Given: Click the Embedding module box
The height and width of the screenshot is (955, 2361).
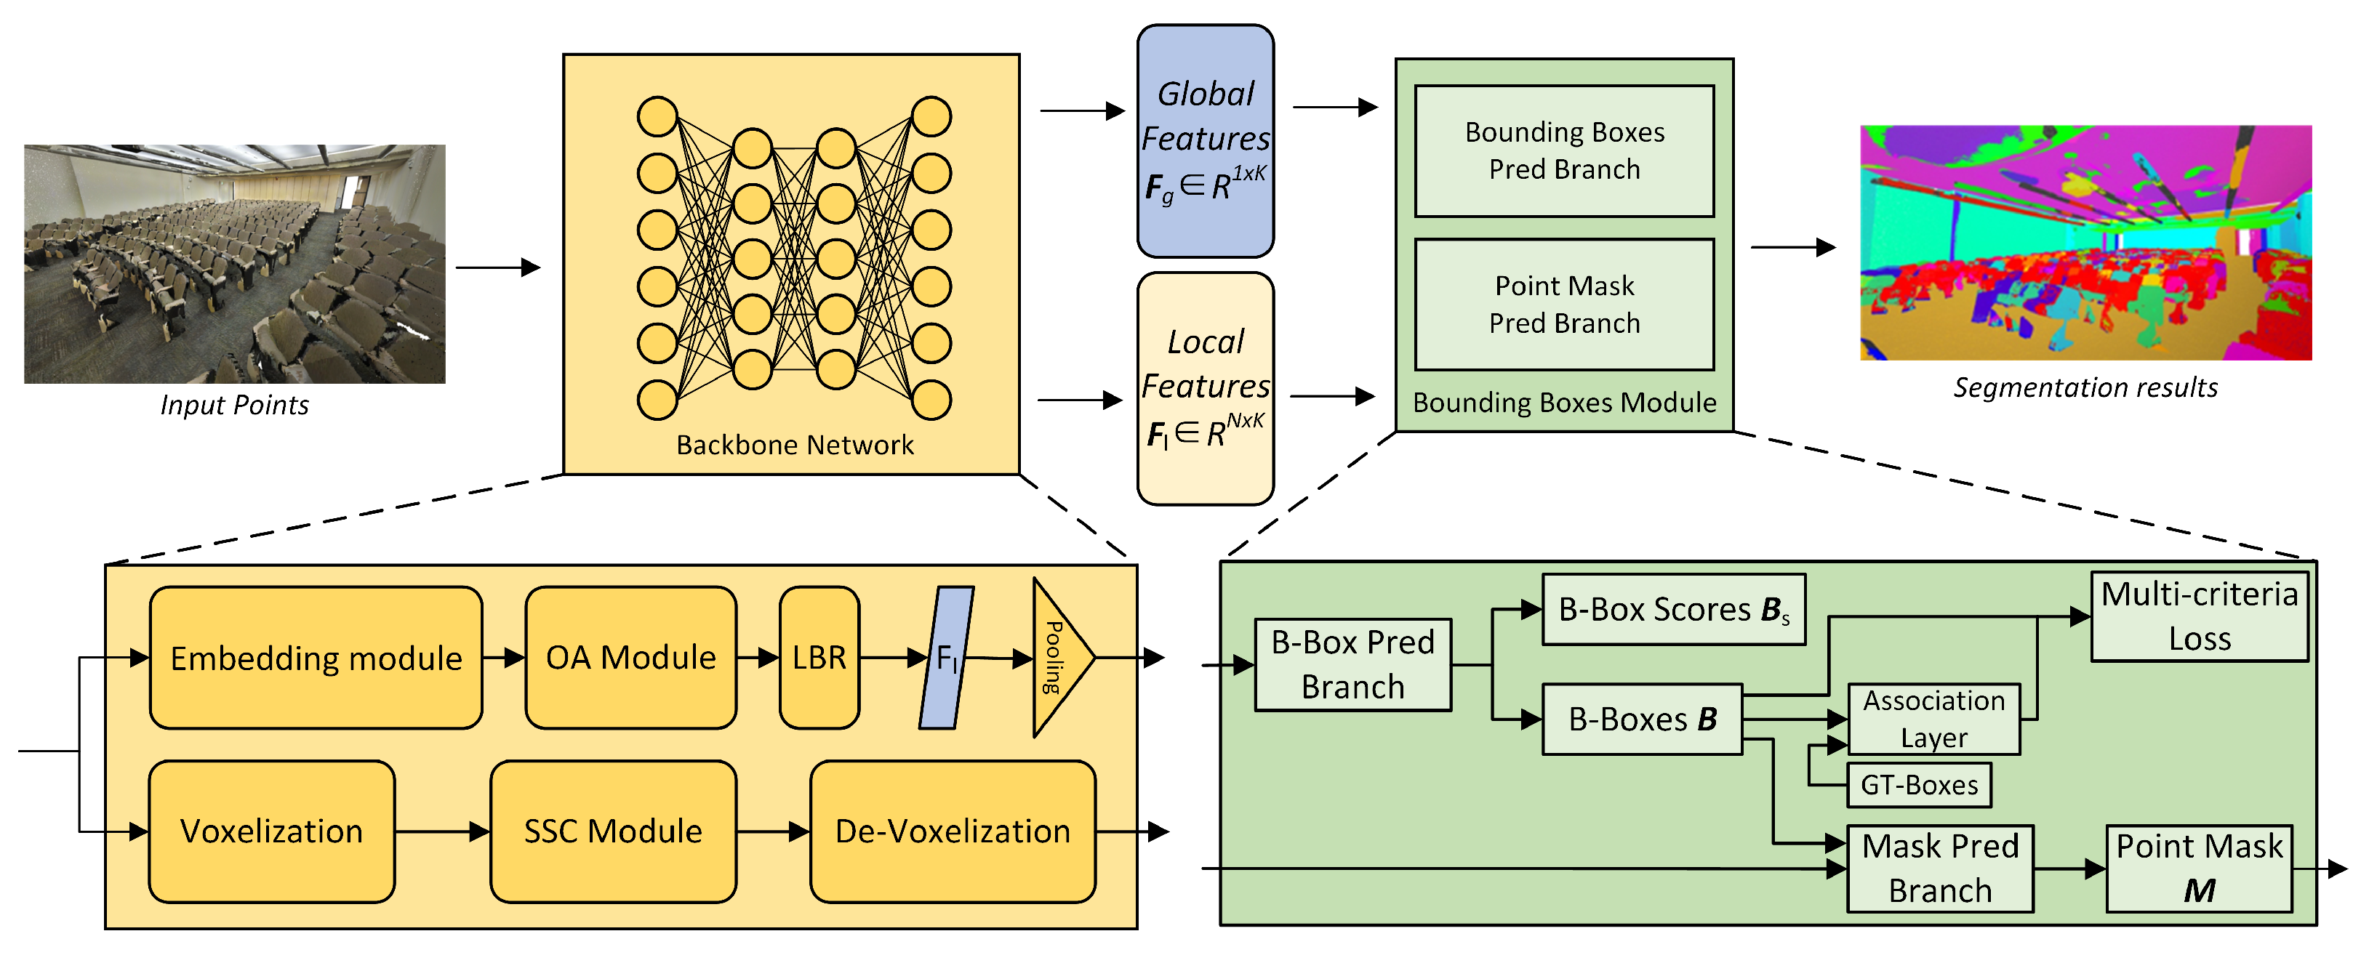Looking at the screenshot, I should click(316, 657).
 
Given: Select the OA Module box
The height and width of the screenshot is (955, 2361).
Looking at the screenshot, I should click(630, 657).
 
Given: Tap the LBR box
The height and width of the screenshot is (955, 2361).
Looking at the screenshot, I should click(819, 657).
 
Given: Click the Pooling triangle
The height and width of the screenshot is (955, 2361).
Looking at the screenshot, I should click(1058, 657).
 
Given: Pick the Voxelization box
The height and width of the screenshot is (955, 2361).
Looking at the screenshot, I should click(271, 831).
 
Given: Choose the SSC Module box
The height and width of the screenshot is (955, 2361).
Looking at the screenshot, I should click(612, 831).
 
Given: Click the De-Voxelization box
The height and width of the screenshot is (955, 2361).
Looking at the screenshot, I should click(953, 831).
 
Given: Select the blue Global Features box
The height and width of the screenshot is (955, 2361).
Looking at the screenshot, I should click(1206, 140).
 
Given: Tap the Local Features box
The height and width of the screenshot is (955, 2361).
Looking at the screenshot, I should click(1206, 387).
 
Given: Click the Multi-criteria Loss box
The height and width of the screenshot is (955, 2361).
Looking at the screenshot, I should click(2199, 616).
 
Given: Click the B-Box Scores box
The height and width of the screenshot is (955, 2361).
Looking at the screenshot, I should click(1674, 610).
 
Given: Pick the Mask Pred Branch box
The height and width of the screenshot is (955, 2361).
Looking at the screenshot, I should click(1939, 868).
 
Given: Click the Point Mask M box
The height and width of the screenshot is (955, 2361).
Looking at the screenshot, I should click(2198, 868).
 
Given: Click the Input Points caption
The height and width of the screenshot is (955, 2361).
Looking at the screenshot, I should click(235, 405).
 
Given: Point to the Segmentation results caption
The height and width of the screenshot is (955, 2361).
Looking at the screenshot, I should click(2085, 387).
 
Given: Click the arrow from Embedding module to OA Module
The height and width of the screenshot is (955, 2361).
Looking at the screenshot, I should click(503, 657).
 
